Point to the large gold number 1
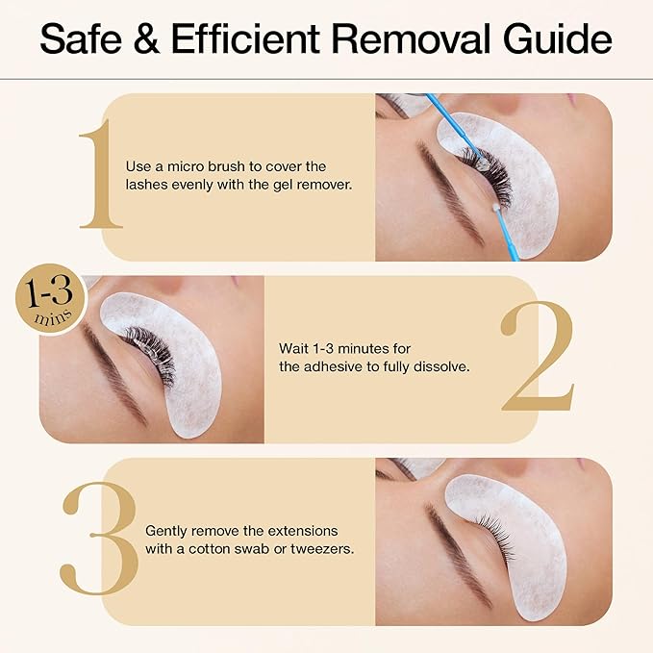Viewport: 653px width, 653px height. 100,175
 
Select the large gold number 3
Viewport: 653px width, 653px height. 96,540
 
